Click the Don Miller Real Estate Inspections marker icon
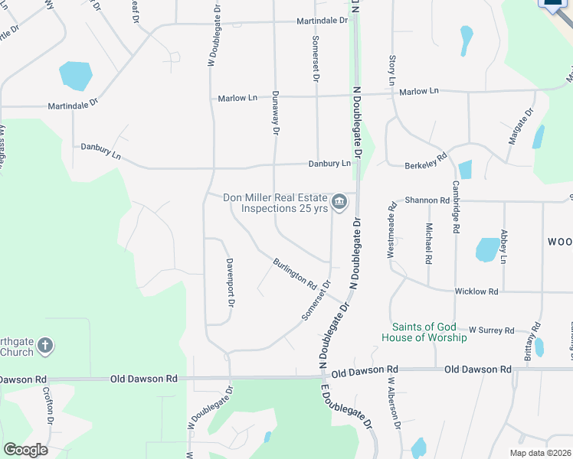point(341,203)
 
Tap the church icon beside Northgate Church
point(45,346)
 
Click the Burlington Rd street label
point(295,273)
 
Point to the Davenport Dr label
point(229,282)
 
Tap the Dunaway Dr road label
point(274,113)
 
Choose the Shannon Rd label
point(427,200)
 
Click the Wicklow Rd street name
point(476,291)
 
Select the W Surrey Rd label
point(491,330)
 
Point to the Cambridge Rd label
point(456,207)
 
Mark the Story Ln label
point(392,70)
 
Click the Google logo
point(25,450)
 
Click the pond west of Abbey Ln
point(487,249)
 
